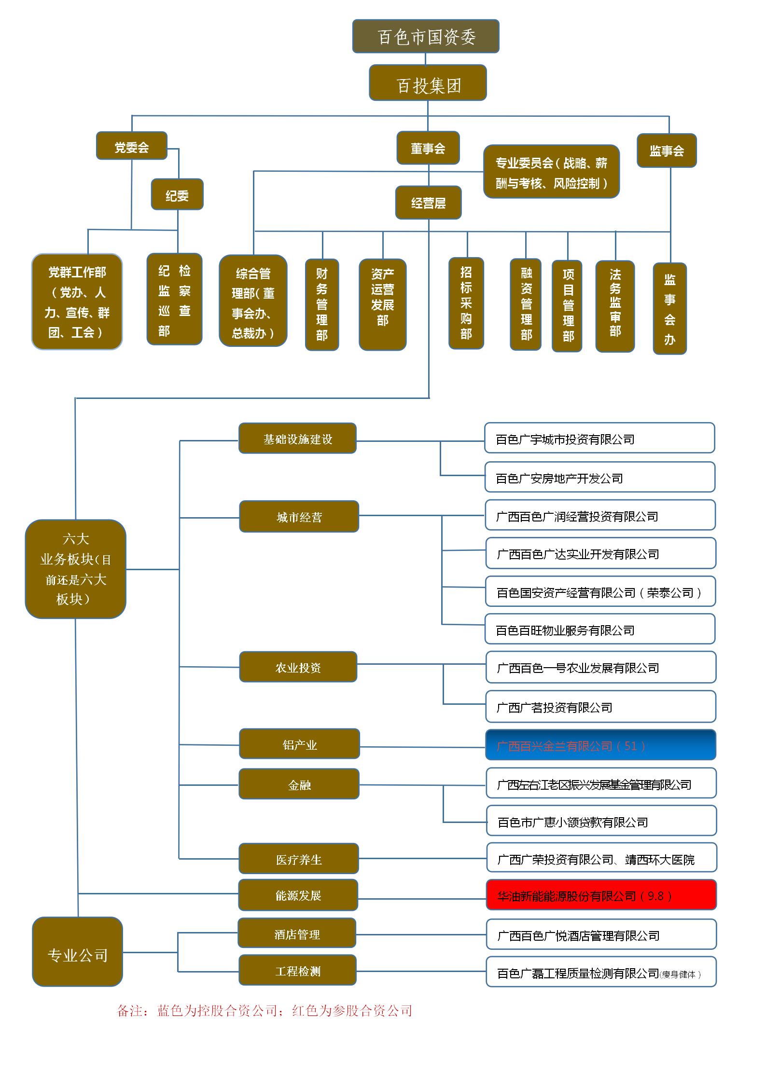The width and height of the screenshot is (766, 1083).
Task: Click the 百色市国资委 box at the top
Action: (425, 36)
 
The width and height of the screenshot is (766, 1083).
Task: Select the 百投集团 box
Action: (428, 83)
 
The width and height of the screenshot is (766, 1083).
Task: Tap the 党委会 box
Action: (131, 146)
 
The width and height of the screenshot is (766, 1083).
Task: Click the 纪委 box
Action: (177, 194)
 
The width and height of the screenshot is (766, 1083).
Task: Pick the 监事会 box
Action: (666, 151)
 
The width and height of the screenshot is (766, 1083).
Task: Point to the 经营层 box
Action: (428, 203)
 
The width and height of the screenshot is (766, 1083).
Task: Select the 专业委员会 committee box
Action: (551, 172)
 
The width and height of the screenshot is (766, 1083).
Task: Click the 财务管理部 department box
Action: (321, 304)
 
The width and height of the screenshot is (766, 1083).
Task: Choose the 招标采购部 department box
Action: (466, 303)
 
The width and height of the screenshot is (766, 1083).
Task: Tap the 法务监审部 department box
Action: (614, 306)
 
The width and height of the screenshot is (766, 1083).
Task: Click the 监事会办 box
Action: (669, 308)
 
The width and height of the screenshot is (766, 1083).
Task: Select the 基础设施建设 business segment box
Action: (297, 438)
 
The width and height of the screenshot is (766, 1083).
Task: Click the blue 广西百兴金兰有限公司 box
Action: (600, 745)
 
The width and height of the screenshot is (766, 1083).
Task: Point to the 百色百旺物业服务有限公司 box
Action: (599, 629)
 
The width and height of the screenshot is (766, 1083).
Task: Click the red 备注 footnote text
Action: (265, 1010)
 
